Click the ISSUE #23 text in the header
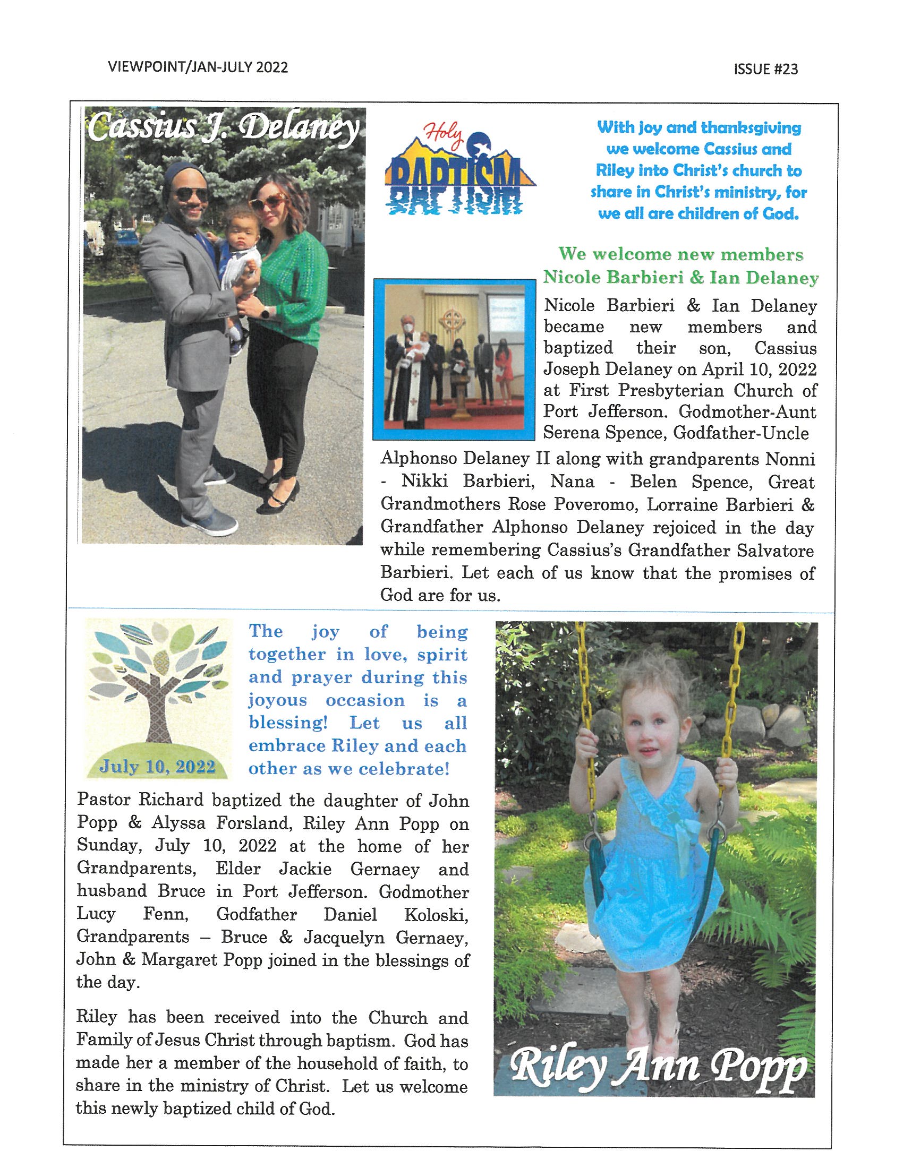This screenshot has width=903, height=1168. [766, 69]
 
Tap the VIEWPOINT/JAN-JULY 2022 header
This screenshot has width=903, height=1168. [198, 67]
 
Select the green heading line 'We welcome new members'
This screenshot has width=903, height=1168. [680, 254]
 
